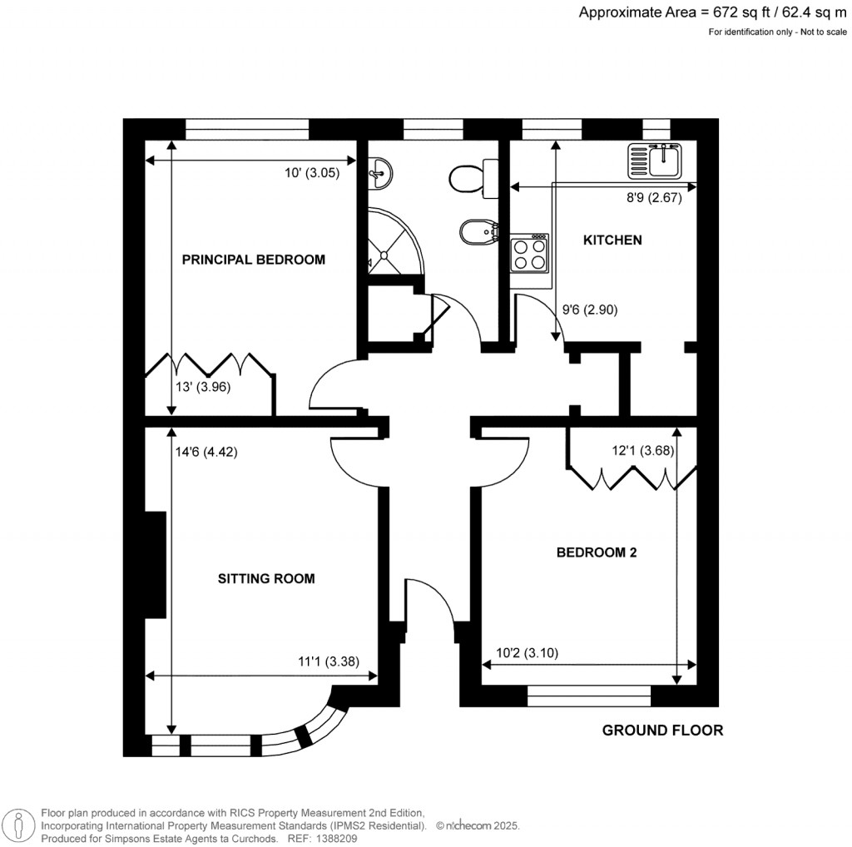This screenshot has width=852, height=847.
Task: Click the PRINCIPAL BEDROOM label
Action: tap(253, 260)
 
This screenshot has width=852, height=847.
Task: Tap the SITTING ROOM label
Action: tap(266, 578)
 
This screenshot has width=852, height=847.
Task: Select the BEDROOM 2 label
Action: tap(596, 552)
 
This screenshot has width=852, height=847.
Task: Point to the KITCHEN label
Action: tap(612, 240)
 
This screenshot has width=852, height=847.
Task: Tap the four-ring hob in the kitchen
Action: tap(530, 253)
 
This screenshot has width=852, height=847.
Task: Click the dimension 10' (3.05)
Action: tap(312, 174)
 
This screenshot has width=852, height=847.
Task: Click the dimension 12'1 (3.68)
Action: tap(642, 452)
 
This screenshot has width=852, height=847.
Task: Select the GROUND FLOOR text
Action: tap(662, 731)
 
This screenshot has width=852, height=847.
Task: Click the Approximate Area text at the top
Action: tap(712, 12)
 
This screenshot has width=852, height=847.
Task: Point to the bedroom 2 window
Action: tap(589, 696)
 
